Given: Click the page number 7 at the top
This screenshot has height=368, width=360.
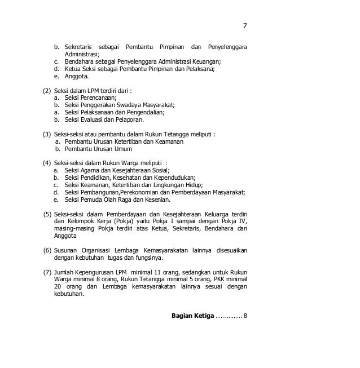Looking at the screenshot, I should pos(245,26).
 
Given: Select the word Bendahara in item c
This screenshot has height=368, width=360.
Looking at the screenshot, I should pos(78,61).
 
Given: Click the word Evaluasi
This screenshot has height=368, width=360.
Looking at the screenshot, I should pos(94,119).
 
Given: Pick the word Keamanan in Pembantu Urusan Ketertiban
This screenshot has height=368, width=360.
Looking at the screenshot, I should pos(168,142).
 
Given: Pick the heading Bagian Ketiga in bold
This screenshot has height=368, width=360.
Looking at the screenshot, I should pos(192,315).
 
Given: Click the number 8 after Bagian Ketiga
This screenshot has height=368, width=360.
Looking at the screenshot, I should pos(245,315).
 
